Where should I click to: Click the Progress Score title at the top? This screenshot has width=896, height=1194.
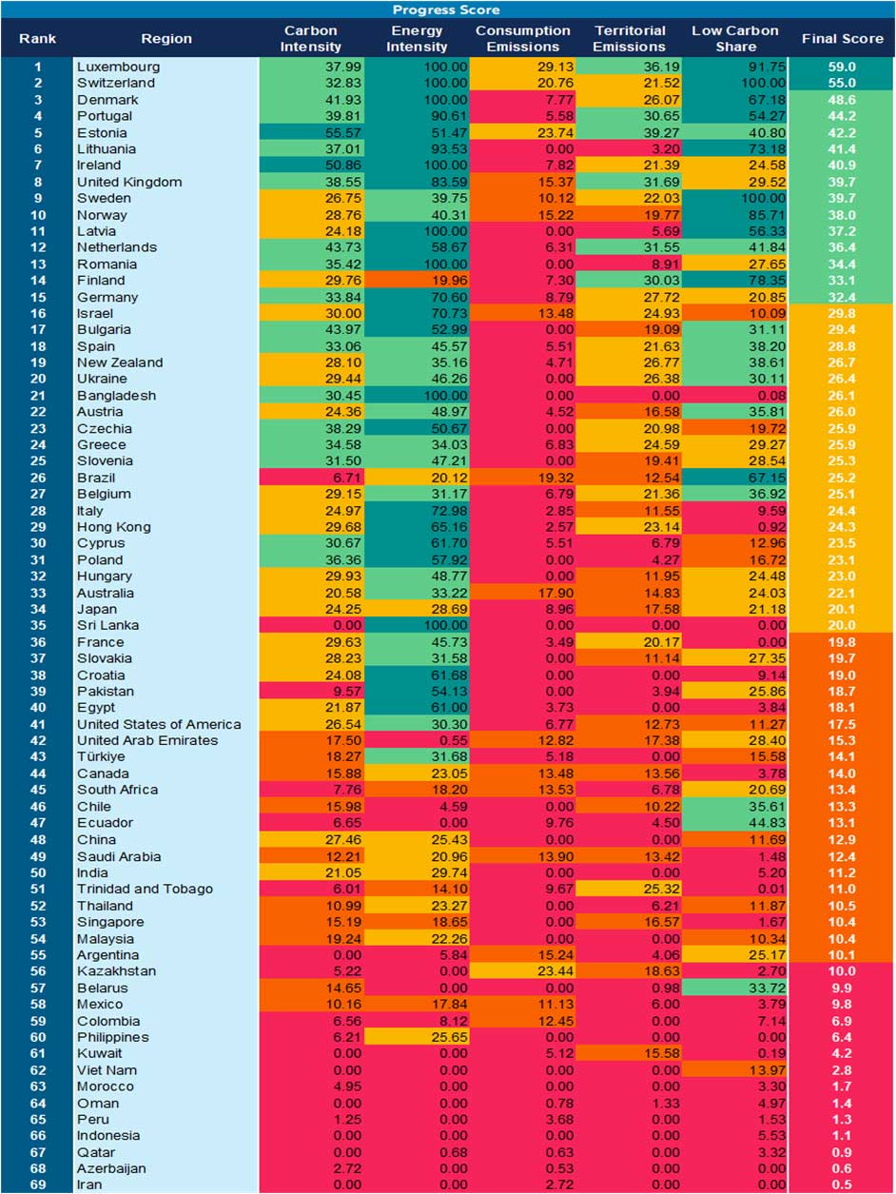pos(448,10)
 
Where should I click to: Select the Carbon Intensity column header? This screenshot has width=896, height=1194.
pos(312,39)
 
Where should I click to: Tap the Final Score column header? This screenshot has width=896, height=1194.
pos(843,39)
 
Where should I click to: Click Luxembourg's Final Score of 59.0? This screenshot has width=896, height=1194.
pos(843,68)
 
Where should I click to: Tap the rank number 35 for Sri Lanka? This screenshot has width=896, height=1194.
pos(38,625)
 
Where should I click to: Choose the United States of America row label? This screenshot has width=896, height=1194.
pos(159,724)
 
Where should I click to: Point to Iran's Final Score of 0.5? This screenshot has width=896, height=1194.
pos(843,1184)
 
